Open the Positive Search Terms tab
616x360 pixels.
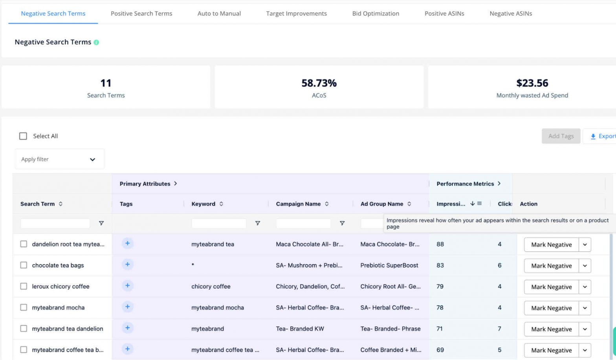click(x=141, y=13)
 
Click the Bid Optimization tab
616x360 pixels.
click(x=376, y=13)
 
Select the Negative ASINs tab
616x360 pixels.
click(x=511, y=13)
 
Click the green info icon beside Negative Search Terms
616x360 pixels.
click(x=96, y=42)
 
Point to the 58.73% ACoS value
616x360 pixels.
click(x=319, y=83)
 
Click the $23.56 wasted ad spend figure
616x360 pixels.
click(x=532, y=83)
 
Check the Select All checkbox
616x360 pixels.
click(x=23, y=136)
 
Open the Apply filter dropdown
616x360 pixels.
click(x=59, y=159)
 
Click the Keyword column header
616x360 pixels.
click(x=203, y=204)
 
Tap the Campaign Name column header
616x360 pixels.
click(x=298, y=204)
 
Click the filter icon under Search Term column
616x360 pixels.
click(x=101, y=223)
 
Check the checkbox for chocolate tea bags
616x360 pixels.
click(x=24, y=265)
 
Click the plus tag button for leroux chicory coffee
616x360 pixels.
click(x=127, y=286)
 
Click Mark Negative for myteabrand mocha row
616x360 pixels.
click(x=551, y=308)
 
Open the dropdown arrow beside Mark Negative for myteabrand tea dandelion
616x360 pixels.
click(x=585, y=329)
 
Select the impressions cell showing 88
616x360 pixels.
click(x=440, y=244)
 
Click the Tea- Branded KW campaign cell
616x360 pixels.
click(x=300, y=329)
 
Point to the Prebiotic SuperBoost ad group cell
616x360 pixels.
click(x=389, y=265)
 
